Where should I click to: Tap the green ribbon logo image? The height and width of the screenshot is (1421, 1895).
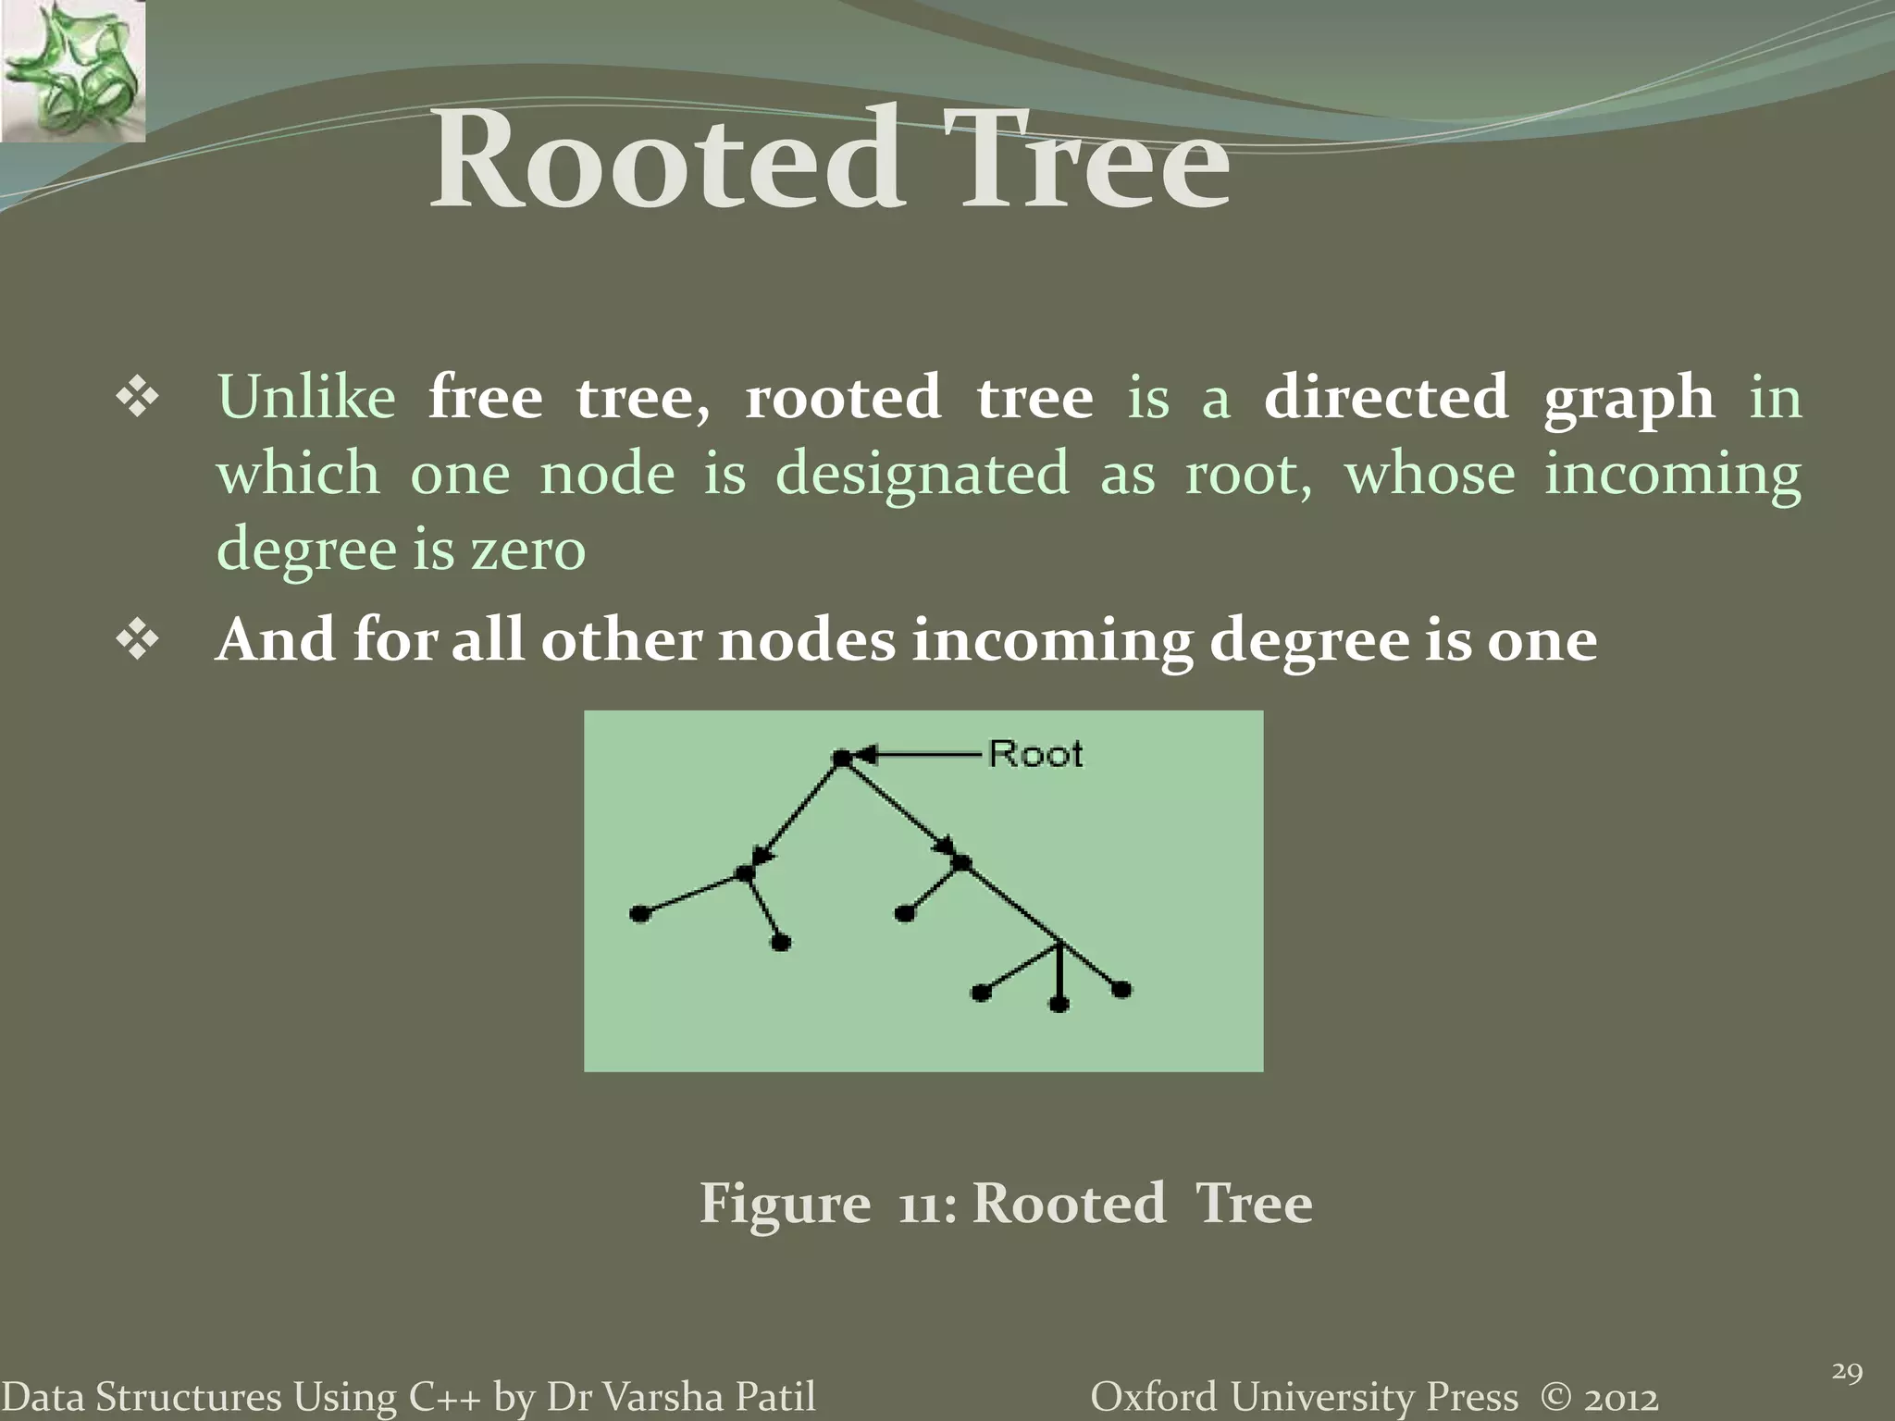pyautogui.click(x=72, y=71)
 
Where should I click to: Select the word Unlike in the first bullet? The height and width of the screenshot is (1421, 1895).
pyautogui.click(x=306, y=399)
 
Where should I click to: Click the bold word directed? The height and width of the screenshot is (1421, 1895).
pyautogui.click(x=1385, y=399)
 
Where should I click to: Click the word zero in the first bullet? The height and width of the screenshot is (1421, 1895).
pyautogui.click(x=528, y=550)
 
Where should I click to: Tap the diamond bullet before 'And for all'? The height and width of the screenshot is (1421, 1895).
pyautogui.click(x=138, y=640)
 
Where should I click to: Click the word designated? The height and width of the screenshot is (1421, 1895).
pyautogui.click(x=922, y=475)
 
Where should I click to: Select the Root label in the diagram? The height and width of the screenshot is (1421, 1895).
pyautogui.click(x=1035, y=754)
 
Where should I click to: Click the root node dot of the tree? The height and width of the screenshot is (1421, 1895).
pyautogui.click(x=841, y=759)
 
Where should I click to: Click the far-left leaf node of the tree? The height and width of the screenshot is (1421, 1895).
pyautogui.click(x=638, y=914)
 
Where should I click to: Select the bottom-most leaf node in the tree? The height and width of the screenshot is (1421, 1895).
pyautogui.click(x=1059, y=1004)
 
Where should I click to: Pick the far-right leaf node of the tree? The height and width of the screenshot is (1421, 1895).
pyautogui.click(x=1121, y=990)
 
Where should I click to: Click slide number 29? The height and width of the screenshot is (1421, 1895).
pyautogui.click(x=1847, y=1373)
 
